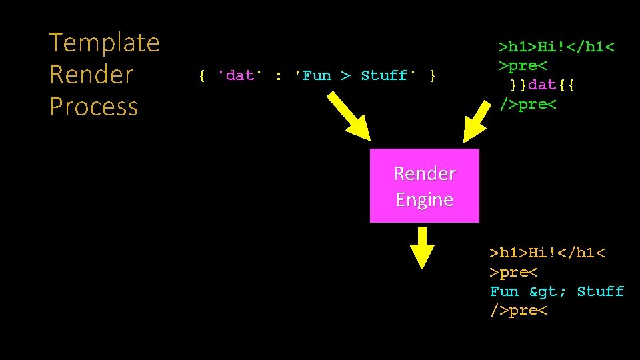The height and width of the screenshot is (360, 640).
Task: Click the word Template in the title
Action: click(105, 43)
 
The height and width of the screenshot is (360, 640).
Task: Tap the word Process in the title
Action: click(93, 106)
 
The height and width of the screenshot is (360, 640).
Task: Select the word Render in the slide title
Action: click(91, 74)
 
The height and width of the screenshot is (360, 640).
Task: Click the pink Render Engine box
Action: click(424, 185)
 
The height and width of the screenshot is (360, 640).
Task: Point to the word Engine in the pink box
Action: click(424, 199)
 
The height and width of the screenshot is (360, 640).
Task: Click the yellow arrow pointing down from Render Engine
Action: click(421, 247)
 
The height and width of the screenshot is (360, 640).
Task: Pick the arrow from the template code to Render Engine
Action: click(481, 120)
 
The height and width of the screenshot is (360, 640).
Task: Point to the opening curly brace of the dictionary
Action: click(202, 75)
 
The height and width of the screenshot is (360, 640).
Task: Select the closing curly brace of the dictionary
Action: click(433, 75)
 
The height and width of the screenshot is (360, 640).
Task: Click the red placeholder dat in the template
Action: click(542, 86)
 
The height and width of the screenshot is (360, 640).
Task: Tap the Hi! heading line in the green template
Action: click(557, 47)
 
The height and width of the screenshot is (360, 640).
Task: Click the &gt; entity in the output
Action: click(547, 291)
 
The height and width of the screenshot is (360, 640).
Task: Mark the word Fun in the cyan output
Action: click(504, 291)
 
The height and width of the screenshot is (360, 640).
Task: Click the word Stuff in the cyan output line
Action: click(600, 291)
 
